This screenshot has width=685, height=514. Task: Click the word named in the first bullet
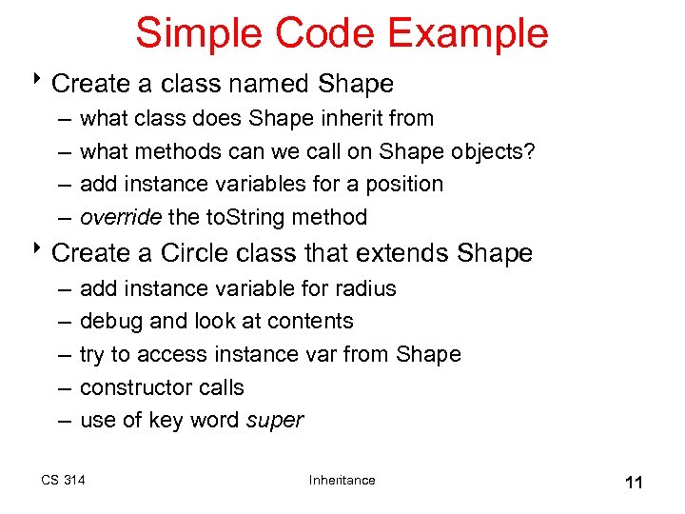(x=271, y=84)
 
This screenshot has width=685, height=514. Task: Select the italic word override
(x=121, y=217)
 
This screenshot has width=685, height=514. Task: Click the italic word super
(x=275, y=421)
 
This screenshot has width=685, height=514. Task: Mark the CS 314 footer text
(x=63, y=480)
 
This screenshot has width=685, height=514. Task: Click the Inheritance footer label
(x=342, y=480)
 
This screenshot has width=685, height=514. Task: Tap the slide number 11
(x=634, y=483)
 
